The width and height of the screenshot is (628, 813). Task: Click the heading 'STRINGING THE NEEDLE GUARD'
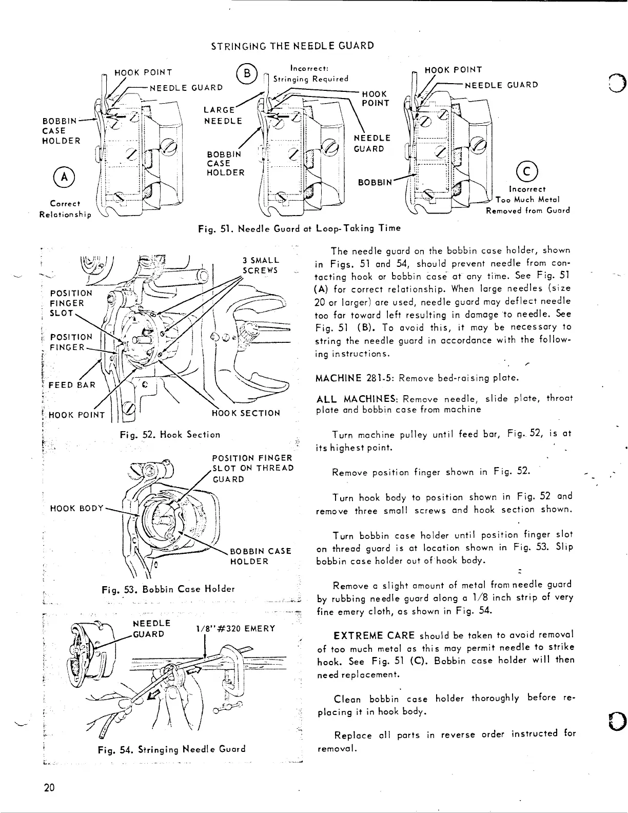(x=292, y=46)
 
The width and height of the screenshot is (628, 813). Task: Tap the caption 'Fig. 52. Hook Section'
(x=169, y=434)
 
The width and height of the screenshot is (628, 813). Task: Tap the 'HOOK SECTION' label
(x=246, y=413)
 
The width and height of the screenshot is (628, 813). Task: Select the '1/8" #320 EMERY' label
(x=235, y=629)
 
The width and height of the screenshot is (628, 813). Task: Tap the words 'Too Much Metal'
(x=527, y=200)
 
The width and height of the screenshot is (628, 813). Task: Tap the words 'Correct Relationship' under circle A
(x=65, y=209)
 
